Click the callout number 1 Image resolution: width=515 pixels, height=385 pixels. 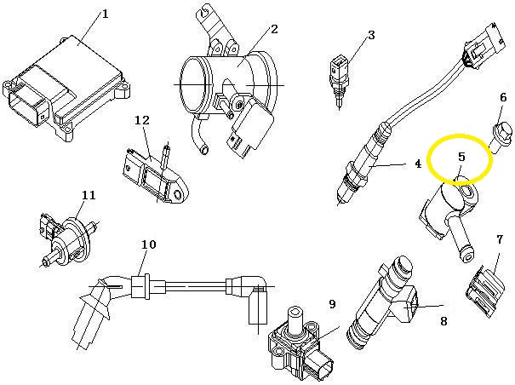click(105, 14)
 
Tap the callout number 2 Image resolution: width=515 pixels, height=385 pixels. click(274, 29)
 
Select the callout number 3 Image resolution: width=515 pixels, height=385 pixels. click(371, 35)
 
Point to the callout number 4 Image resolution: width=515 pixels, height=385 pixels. click(418, 164)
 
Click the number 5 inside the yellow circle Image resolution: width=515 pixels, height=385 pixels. click(461, 157)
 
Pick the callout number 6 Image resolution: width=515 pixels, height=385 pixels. click(503, 98)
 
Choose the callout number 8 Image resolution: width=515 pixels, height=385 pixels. click(443, 321)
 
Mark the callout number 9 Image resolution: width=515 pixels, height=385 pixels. click(332, 304)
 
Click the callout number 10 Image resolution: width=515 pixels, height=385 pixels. click(148, 244)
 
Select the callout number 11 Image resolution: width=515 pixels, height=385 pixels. click(89, 195)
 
